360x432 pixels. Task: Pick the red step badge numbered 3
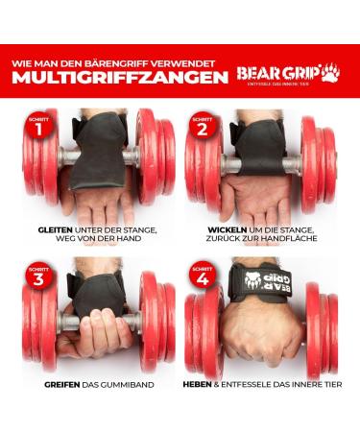38,280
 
